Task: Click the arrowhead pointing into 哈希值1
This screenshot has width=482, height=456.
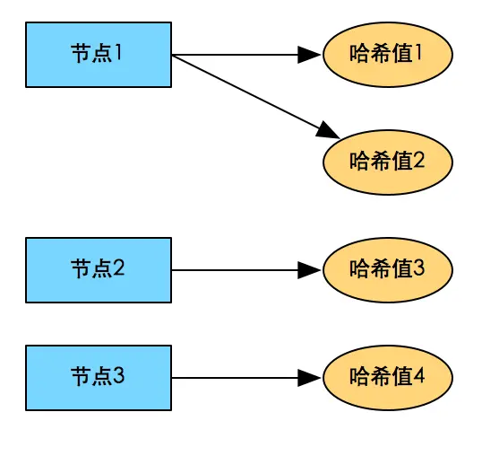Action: (x=309, y=55)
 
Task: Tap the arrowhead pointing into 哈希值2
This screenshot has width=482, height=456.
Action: (x=328, y=131)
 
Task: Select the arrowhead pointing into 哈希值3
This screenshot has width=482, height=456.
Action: (x=309, y=270)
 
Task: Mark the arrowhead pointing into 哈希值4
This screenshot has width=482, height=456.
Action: (x=309, y=378)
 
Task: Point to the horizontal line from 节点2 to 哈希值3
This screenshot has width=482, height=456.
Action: (x=233, y=270)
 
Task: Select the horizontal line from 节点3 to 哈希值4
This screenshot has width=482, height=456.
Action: (x=233, y=378)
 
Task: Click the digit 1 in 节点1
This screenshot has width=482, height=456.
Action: (x=118, y=53)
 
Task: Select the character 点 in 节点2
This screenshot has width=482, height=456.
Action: (x=100, y=268)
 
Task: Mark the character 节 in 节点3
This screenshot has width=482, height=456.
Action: (x=81, y=376)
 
